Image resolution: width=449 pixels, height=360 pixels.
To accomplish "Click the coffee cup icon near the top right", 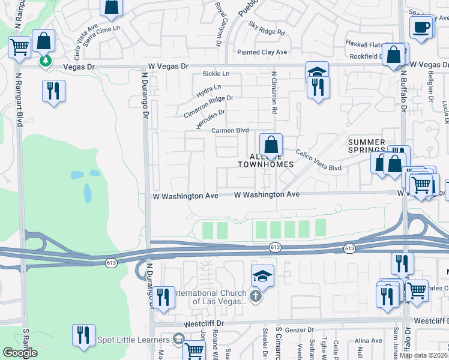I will [x=421, y=27].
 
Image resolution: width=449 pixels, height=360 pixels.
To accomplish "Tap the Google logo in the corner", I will [x=19, y=353].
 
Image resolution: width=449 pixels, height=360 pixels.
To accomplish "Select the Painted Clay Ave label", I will [x=262, y=52].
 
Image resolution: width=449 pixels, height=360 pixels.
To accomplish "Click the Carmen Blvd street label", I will [x=229, y=130].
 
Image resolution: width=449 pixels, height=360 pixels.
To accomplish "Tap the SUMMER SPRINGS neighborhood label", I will [x=367, y=146].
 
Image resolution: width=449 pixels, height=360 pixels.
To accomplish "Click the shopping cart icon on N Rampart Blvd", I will [x=20, y=46].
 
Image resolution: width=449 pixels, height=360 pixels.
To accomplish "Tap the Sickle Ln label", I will [x=217, y=74].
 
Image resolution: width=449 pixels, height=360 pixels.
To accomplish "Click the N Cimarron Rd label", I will [x=274, y=94].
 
